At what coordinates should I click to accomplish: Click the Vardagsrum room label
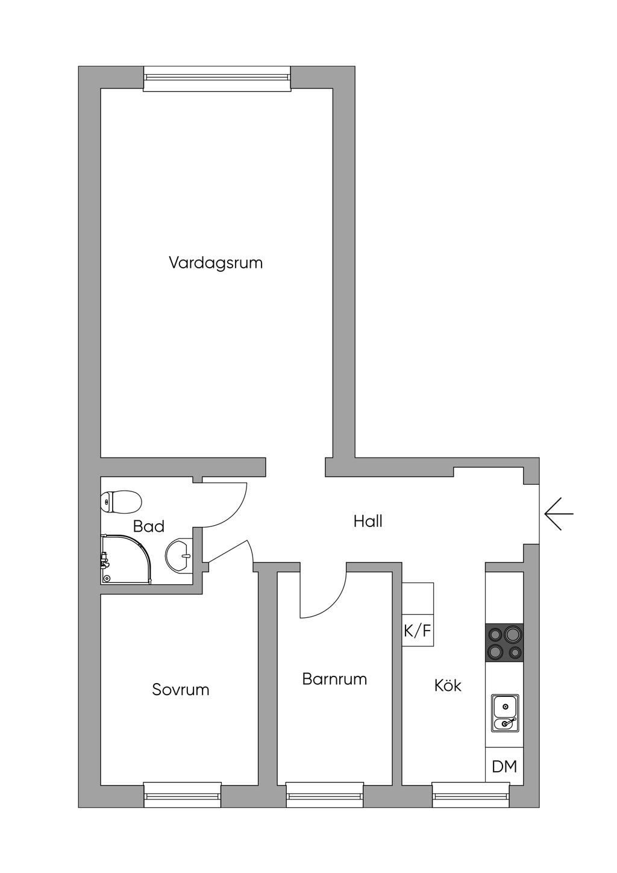point(216,263)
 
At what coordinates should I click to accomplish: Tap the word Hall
point(368,521)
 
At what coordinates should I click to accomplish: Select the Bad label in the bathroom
point(148,526)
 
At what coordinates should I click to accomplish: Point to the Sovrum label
point(180,690)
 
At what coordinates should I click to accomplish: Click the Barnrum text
point(334,679)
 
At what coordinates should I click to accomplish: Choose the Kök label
point(448,685)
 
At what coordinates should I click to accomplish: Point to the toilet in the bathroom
point(121,502)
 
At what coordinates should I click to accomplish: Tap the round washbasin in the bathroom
point(179,555)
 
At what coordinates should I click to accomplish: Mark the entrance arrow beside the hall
point(559,514)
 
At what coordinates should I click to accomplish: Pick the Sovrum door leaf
point(228,551)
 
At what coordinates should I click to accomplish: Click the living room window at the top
point(217,78)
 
